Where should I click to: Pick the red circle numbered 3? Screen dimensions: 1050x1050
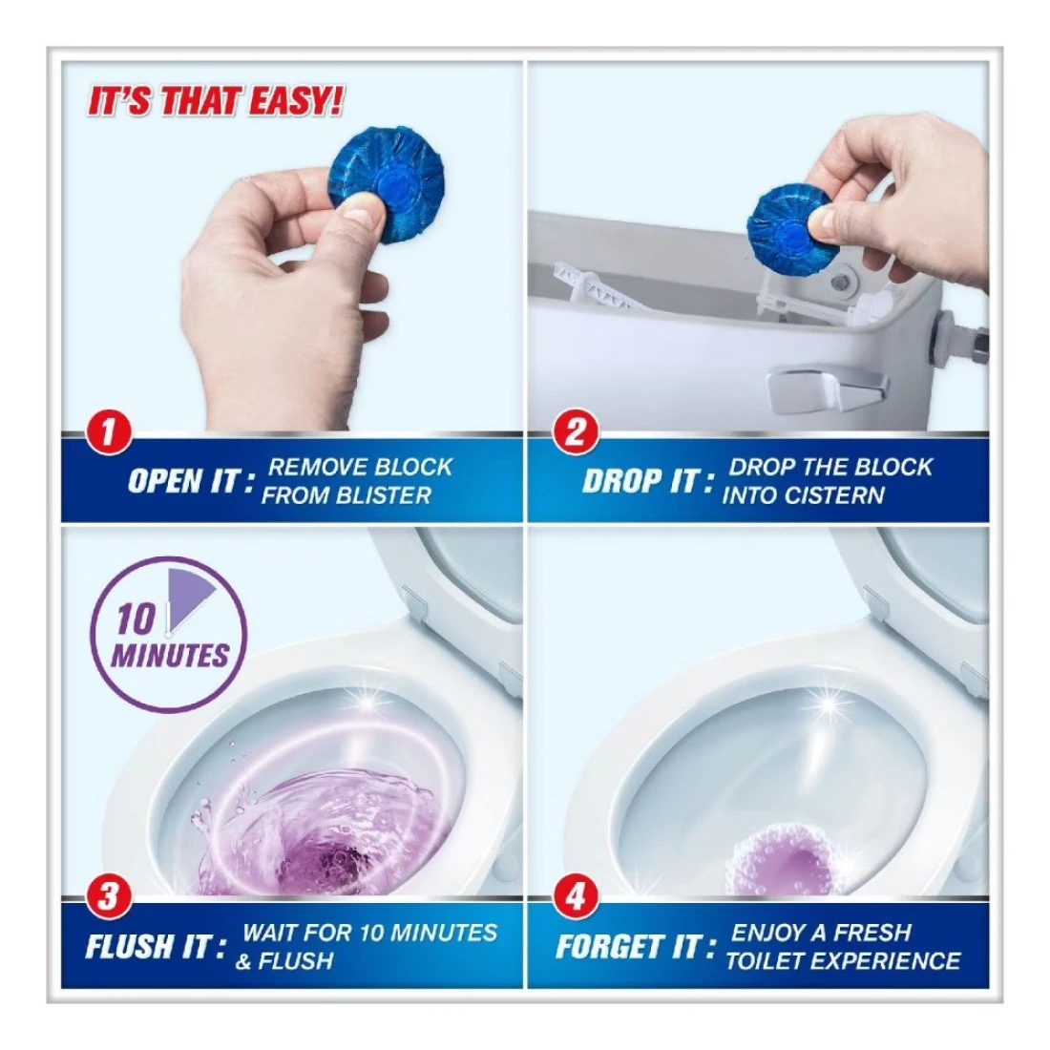coord(108,897)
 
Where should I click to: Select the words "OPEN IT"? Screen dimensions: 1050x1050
coord(184,480)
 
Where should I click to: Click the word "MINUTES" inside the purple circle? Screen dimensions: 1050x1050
coord(170,655)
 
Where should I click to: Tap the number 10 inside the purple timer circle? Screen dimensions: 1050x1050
coord(136,619)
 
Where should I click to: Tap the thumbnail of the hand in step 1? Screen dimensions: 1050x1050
coord(361,217)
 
